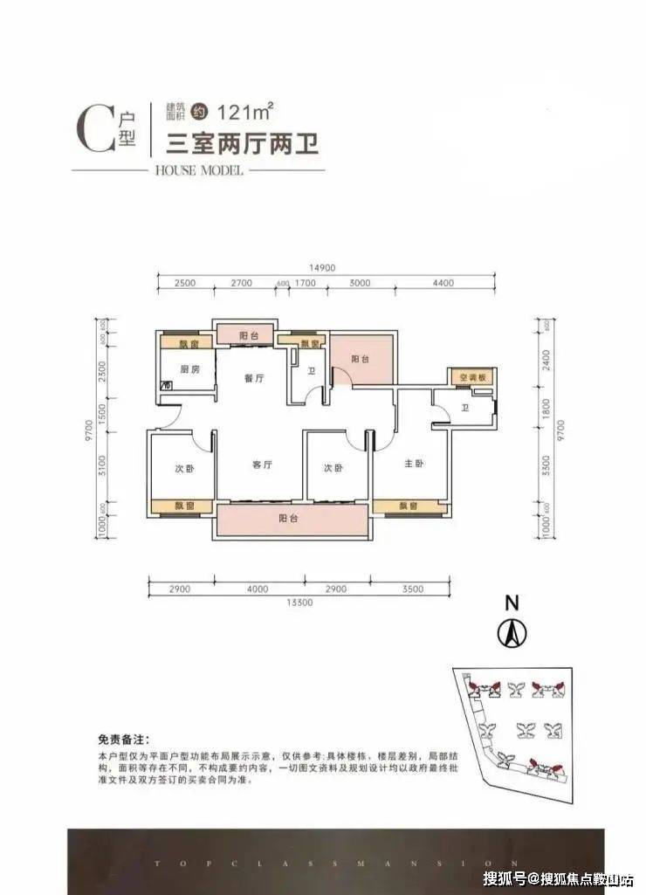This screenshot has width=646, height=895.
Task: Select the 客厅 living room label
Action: point(263,465)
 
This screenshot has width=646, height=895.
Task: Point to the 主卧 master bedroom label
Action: point(414,465)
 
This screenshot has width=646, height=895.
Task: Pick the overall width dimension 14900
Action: point(322,268)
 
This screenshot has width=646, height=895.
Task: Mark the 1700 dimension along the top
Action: point(305,284)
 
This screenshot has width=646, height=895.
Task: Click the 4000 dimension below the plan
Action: point(257,589)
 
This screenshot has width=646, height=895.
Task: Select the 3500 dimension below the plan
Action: point(414,589)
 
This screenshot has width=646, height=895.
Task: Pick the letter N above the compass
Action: point(512,602)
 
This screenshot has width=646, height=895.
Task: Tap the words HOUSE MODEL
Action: point(198,169)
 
